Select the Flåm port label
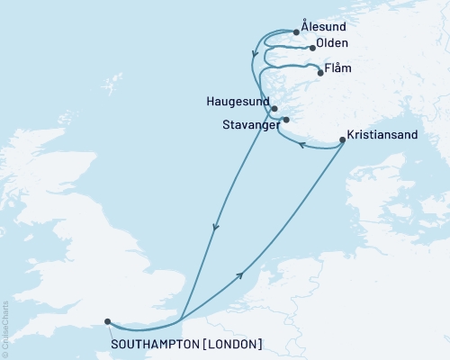(x=339, y=67)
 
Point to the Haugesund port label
(x=233, y=102)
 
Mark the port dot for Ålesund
(x=297, y=32)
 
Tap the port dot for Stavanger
(x=285, y=120)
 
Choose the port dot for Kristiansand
(x=342, y=139)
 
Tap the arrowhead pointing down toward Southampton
(x=215, y=228)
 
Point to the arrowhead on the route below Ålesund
(x=256, y=54)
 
